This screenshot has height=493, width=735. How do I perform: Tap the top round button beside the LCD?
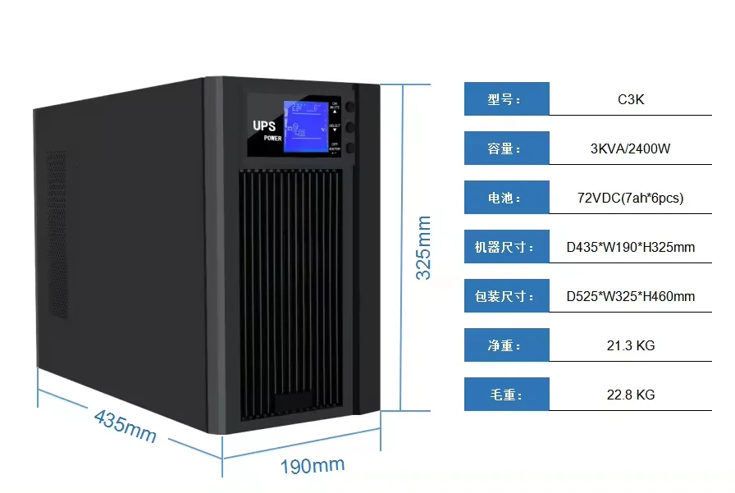(350, 107)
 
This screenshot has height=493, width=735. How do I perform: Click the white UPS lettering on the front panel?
(265, 126)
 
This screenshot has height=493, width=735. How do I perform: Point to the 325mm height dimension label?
(423, 248)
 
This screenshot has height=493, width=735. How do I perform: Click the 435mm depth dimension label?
(125, 426)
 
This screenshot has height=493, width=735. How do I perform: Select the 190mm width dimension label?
(313, 466)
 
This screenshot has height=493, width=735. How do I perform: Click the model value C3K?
(630, 99)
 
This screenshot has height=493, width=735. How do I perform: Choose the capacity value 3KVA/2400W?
(630, 148)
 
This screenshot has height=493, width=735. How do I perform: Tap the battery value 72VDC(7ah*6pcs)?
(630, 198)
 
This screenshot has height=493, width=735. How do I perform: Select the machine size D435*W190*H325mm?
(630, 247)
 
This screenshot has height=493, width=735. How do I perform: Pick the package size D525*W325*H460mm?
(630, 296)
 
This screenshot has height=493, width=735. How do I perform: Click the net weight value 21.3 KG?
(630, 345)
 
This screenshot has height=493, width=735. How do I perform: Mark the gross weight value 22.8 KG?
(630, 395)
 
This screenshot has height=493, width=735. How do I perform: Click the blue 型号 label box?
(506, 99)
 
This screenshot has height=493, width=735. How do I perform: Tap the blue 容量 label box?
(506, 148)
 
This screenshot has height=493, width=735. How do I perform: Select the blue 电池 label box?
(506, 198)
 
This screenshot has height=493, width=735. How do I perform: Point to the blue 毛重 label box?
(506, 395)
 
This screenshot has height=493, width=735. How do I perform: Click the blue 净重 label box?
(506, 345)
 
